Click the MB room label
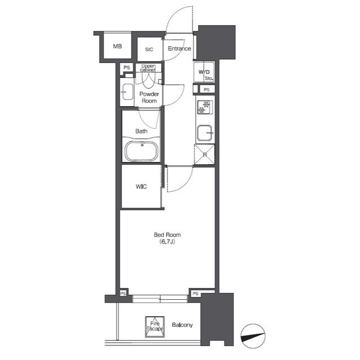[118, 46]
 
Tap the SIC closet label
[149, 49]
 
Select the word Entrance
[179, 48]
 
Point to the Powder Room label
[149, 97]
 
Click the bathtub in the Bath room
[141, 151]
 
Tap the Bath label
[141, 131]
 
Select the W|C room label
[141, 186]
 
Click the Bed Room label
[167, 235]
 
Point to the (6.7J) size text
[168, 241]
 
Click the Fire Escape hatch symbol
[155, 327]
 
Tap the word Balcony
[182, 325]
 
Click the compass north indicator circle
[253, 336]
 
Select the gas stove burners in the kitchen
[204, 107]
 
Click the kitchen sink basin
[205, 133]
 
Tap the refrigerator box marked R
[205, 154]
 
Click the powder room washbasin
[128, 92]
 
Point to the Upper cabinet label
[148, 67]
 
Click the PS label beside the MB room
[127, 67]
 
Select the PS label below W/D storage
[206, 89]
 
